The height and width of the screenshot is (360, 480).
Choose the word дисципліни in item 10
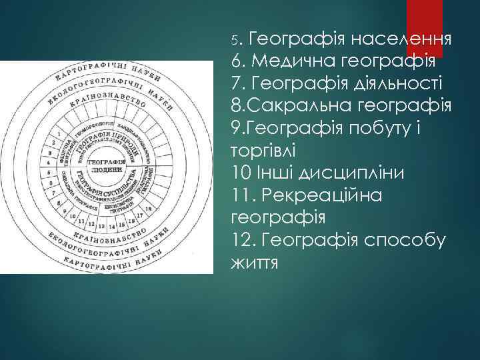tap(354, 173)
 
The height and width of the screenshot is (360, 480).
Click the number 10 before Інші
tap(241, 173)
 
